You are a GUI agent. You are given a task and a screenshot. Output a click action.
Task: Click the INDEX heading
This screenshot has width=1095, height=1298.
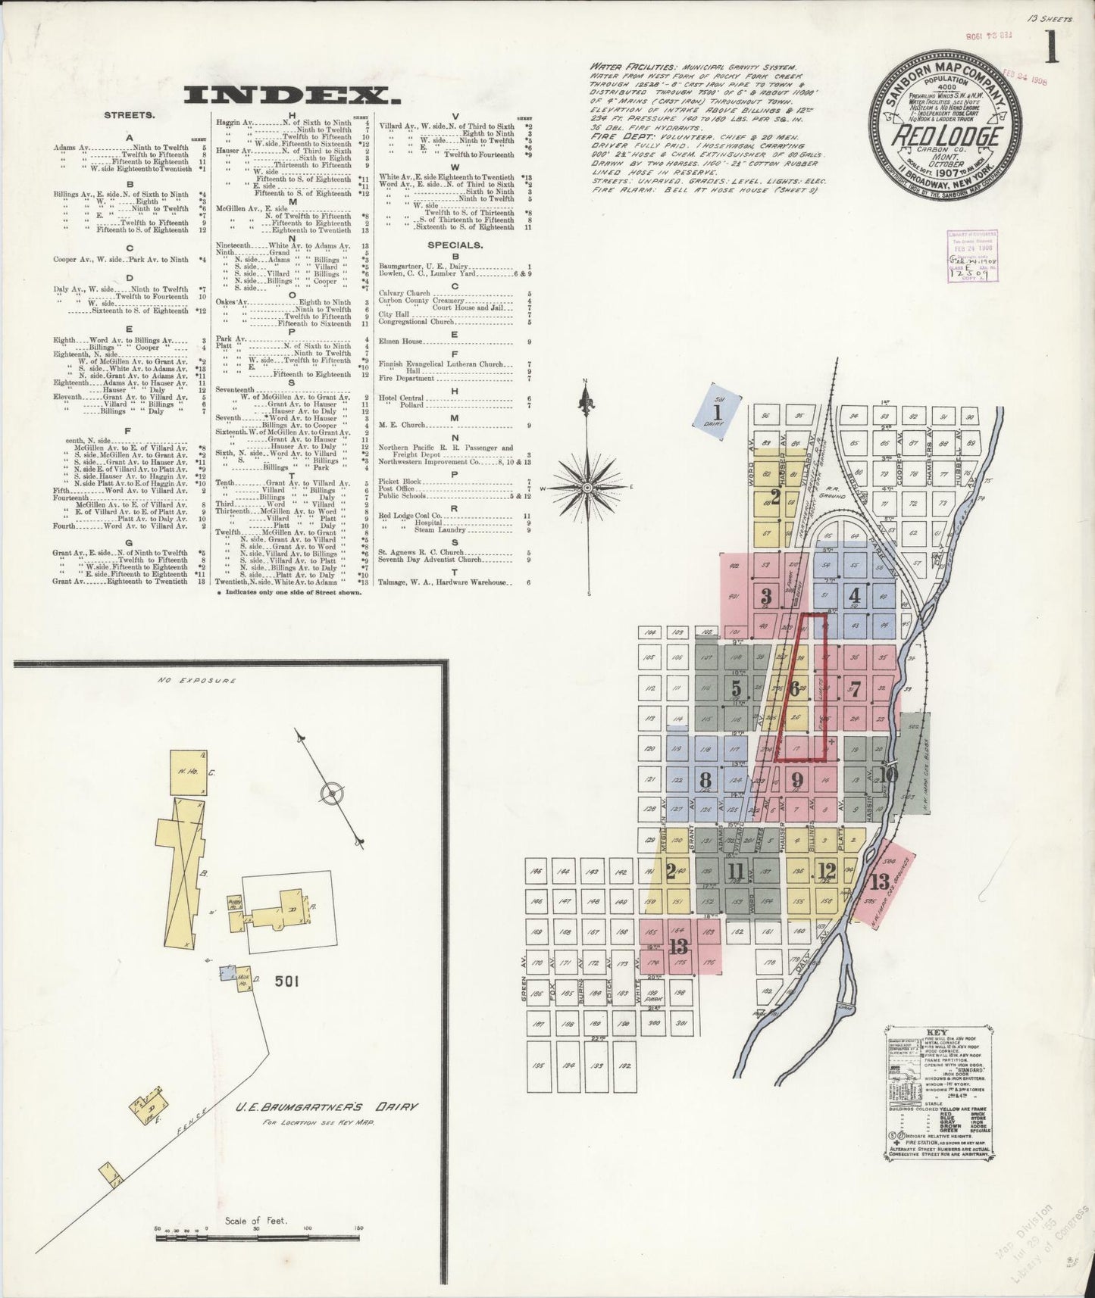click(x=292, y=95)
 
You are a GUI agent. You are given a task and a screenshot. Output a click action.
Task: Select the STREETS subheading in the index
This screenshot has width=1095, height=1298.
click(x=130, y=116)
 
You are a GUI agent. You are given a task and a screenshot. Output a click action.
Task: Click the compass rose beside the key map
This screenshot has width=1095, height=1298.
click(x=590, y=488)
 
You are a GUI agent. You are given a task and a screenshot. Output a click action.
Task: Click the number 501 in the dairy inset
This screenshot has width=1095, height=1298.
click(x=288, y=981)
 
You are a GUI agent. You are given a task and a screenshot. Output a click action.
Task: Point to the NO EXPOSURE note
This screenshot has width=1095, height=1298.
click(x=197, y=680)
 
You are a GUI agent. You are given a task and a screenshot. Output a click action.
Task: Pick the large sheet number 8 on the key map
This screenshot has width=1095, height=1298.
click(x=706, y=779)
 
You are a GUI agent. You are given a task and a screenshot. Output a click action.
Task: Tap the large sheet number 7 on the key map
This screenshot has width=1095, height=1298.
click(x=855, y=689)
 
